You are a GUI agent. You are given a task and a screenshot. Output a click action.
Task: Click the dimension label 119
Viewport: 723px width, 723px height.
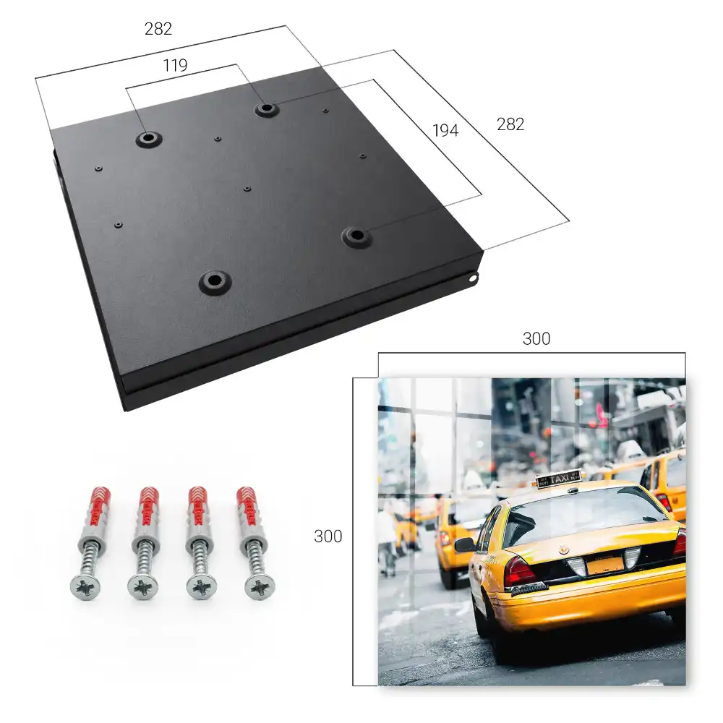(x=175, y=66)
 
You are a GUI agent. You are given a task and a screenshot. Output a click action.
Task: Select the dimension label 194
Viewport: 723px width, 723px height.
(x=445, y=130)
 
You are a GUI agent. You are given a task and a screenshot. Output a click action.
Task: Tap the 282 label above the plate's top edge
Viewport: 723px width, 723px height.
(x=158, y=29)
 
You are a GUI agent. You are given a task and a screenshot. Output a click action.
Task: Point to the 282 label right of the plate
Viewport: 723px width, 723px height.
(x=510, y=124)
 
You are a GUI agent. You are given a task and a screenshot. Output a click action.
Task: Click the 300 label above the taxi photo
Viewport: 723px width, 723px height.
(x=536, y=339)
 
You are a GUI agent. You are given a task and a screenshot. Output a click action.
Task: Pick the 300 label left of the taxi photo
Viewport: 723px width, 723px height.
(x=328, y=536)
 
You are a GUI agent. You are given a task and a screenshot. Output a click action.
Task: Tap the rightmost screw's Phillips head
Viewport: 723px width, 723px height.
(x=260, y=588)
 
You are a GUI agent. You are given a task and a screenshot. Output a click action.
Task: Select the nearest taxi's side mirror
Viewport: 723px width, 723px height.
(x=465, y=545)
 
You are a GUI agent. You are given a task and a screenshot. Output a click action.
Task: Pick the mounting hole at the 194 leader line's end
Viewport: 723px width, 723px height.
(x=356, y=236)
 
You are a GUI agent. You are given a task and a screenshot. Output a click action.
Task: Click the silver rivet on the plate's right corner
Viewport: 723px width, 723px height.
(x=473, y=278)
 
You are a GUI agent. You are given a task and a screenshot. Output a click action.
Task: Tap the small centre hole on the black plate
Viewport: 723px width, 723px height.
(x=247, y=189)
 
